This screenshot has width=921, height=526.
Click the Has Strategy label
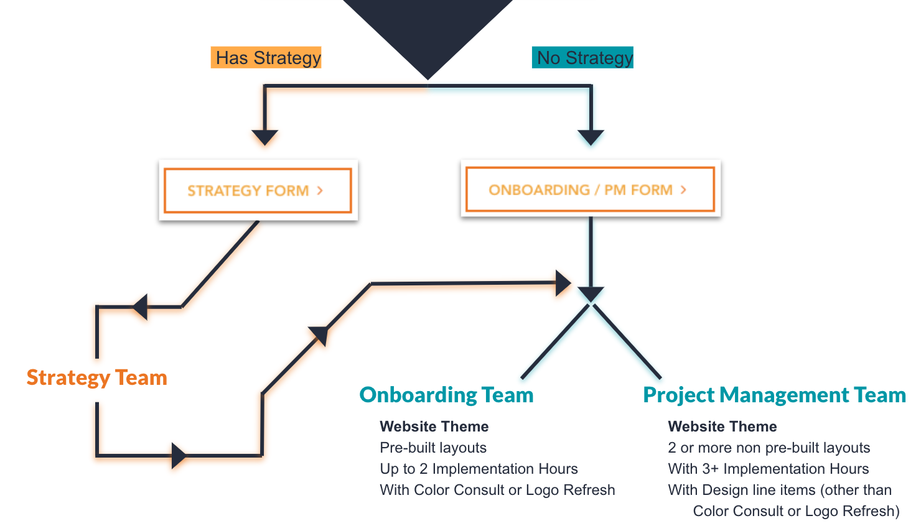click(266, 58)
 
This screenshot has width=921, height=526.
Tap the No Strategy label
click(582, 58)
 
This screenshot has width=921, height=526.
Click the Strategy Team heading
click(97, 377)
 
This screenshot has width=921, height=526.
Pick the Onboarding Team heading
click(446, 395)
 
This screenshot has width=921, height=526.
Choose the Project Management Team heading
click(774, 395)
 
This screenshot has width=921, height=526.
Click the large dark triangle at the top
click(428, 31)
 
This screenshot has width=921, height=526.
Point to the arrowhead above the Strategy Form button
click(264, 137)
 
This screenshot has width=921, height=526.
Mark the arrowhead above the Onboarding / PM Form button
click(591, 137)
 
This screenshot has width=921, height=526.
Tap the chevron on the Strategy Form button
click(320, 190)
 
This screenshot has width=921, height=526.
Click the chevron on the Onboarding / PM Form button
click(683, 190)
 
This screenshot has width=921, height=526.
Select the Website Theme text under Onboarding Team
click(434, 427)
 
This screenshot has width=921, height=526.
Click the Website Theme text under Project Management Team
click(722, 427)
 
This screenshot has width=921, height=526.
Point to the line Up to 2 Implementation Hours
click(479, 469)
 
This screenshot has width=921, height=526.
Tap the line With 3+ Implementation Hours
click(769, 469)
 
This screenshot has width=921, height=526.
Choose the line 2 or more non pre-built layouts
click(769, 448)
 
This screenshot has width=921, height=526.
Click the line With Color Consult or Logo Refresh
click(497, 490)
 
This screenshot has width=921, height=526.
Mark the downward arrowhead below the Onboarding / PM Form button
click(591, 293)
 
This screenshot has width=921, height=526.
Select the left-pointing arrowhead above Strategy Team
click(141, 307)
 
